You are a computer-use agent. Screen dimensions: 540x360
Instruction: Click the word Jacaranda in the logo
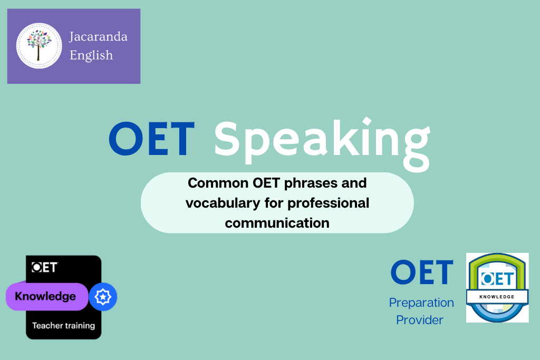pos(98,37)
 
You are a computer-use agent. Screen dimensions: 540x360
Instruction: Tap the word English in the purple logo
pos(91,55)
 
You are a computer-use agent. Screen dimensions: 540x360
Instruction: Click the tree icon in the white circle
pos(39,45)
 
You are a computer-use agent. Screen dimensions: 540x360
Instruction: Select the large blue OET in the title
pos(152,138)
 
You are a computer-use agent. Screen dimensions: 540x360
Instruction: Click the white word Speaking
pos(322,144)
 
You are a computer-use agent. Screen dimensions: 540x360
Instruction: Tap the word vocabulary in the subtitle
pos(223,203)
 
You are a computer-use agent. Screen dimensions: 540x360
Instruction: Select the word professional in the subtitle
pos(328,203)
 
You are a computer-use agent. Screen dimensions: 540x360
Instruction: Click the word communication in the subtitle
pos(277,223)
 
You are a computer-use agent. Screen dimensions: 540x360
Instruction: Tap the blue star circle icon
pos(103,297)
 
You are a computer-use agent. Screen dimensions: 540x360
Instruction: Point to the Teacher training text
pos(64,326)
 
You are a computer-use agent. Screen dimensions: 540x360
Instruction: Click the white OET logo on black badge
pos(44,267)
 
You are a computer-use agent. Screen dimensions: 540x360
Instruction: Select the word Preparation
pos(421,303)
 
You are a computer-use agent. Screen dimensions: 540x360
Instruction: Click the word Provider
pos(420,320)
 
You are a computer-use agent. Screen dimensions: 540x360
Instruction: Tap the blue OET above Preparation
pos(422,272)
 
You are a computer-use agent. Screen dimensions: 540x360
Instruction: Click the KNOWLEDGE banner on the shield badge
pos(497,297)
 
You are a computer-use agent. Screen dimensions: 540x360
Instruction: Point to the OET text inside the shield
pos(498,278)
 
